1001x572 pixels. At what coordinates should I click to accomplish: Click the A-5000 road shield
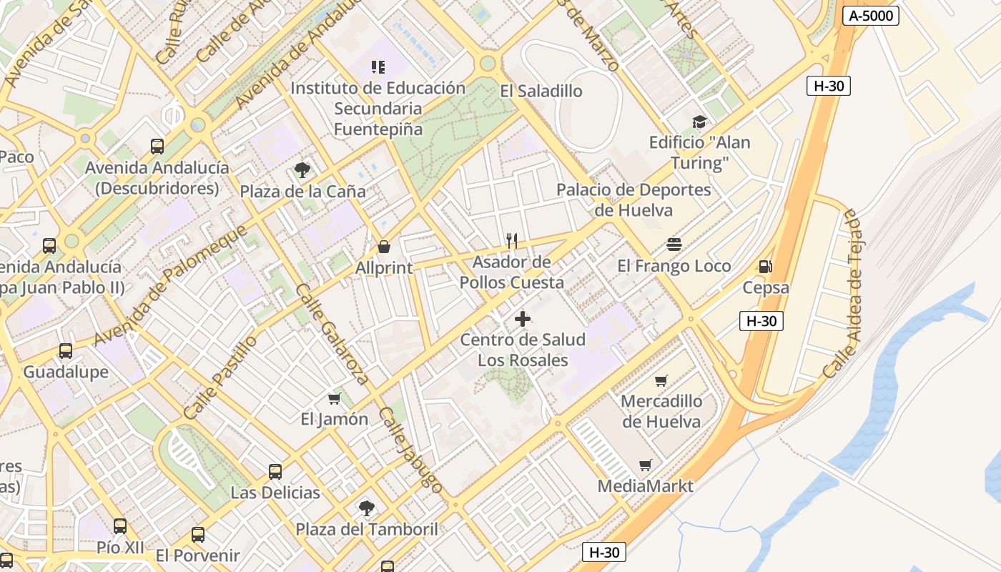(x=870, y=16)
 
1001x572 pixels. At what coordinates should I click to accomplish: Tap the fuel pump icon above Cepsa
(x=765, y=267)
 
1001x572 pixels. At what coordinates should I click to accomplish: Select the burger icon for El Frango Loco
(x=674, y=245)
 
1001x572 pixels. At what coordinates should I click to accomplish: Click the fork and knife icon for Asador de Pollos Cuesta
(x=511, y=240)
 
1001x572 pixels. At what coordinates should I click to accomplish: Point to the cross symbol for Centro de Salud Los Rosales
(x=523, y=319)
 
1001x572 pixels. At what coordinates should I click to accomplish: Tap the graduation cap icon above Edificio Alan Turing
(x=699, y=122)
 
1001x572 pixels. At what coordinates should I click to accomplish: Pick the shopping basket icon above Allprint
(x=384, y=247)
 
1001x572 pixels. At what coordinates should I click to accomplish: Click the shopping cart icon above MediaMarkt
(x=646, y=465)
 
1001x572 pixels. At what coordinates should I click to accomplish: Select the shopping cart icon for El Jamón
(x=334, y=398)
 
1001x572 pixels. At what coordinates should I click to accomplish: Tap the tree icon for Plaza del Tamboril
(x=366, y=508)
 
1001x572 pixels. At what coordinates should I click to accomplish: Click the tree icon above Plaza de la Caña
(x=302, y=170)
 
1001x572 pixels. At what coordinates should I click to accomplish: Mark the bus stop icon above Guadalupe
(x=66, y=351)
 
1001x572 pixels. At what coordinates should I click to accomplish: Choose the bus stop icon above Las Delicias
(x=275, y=472)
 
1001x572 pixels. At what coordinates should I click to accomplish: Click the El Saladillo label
(x=541, y=91)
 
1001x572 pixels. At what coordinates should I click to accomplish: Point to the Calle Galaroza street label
(x=332, y=334)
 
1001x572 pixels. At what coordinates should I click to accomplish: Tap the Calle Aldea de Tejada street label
(x=851, y=293)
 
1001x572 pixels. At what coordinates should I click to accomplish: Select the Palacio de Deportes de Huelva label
(x=633, y=200)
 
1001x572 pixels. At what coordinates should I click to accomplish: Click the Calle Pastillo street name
(x=220, y=378)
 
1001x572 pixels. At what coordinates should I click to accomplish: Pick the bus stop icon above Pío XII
(x=120, y=527)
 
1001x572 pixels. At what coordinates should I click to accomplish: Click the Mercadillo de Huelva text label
(x=661, y=411)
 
